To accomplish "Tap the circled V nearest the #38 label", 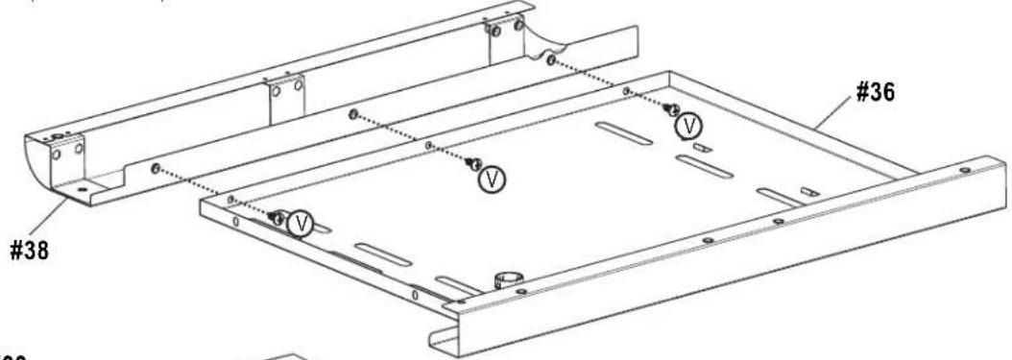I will pos(302,224).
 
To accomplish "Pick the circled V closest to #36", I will pos(687,124).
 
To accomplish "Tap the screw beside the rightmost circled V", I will pos(672,110).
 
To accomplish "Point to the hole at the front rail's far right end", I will pos(963,170).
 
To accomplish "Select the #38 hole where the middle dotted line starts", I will pos(354,114).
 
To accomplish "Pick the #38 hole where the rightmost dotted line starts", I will pos(549,60).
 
